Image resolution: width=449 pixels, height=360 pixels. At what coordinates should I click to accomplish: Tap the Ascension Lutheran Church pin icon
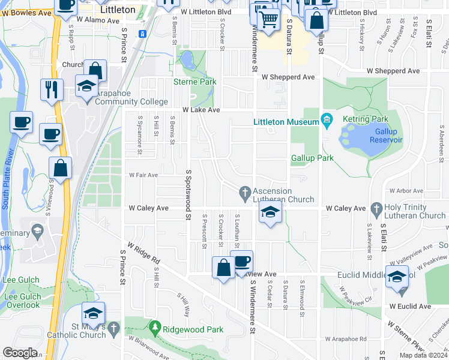(244, 192)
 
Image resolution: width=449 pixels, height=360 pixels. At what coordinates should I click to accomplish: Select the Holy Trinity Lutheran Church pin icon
(376, 208)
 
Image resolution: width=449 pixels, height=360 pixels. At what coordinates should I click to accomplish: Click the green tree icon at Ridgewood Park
(155, 328)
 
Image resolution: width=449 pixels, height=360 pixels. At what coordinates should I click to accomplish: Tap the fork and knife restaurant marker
(51, 90)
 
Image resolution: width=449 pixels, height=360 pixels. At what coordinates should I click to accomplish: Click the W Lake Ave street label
(201, 110)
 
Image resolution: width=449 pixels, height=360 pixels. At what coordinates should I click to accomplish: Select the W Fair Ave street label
(143, 175)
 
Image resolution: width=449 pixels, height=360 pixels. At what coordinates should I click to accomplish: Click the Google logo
(20, 353)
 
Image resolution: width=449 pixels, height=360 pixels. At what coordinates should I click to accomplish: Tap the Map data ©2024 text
(423, 355)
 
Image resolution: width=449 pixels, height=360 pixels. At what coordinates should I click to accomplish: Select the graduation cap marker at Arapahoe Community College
(87, 86)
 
